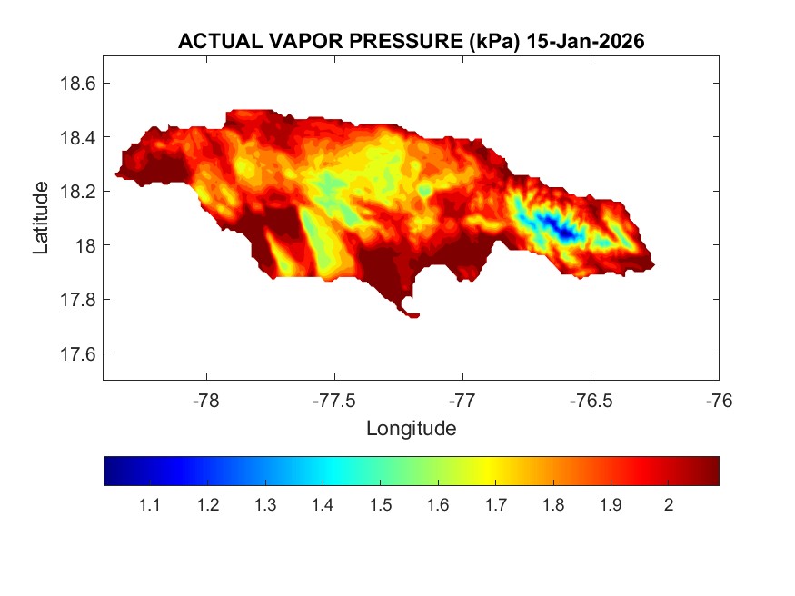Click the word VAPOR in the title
285,42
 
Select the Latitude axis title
41,217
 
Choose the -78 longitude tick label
207,400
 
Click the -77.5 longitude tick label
335,400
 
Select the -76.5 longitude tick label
591,400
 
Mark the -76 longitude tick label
719,400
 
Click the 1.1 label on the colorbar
149,505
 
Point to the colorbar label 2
669,505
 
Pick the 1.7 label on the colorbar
495,505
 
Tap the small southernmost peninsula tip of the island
413,315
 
